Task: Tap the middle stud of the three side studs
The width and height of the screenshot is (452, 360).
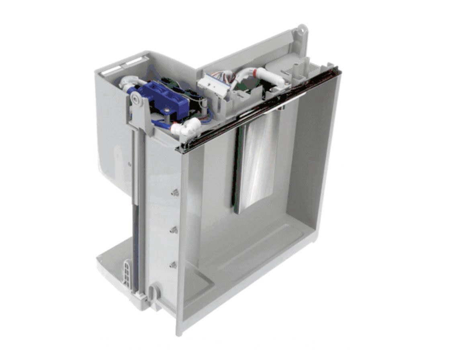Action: coord(174,230)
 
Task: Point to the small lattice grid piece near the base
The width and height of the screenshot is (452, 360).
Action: coord(127,273)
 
